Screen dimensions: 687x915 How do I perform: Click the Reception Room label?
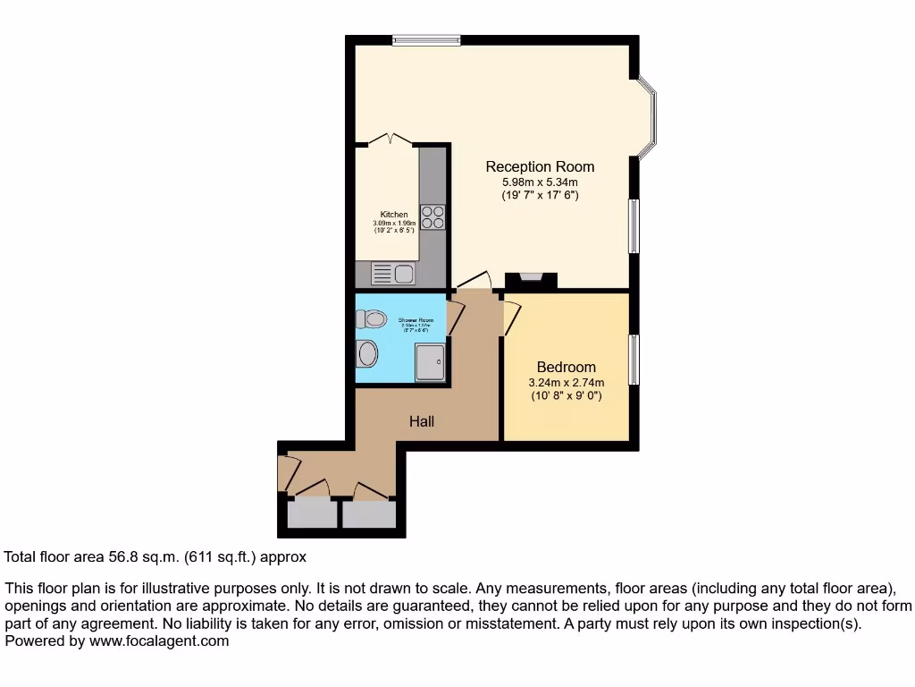(540, 166)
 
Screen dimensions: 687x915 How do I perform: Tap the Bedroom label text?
(566, 368)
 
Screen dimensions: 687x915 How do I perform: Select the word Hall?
(422, 421)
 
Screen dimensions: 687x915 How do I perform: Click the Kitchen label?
(394, 215)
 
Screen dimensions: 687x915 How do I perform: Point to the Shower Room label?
(416, 320)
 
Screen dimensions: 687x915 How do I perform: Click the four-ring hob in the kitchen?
(432, 217)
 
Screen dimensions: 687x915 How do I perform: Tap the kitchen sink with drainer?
(393, 274)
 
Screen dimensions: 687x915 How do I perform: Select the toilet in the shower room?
(371, 318)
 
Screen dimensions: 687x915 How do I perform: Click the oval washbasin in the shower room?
(367, 354)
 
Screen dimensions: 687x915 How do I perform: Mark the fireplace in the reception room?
(531, 281)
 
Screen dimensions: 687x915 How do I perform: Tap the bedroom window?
(634, 361)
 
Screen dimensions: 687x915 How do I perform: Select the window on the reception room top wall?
(425, 39)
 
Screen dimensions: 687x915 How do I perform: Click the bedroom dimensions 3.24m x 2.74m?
(566, 382)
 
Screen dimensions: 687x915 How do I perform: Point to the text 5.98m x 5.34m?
(540, 182)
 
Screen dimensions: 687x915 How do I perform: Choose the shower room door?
(454, 317)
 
